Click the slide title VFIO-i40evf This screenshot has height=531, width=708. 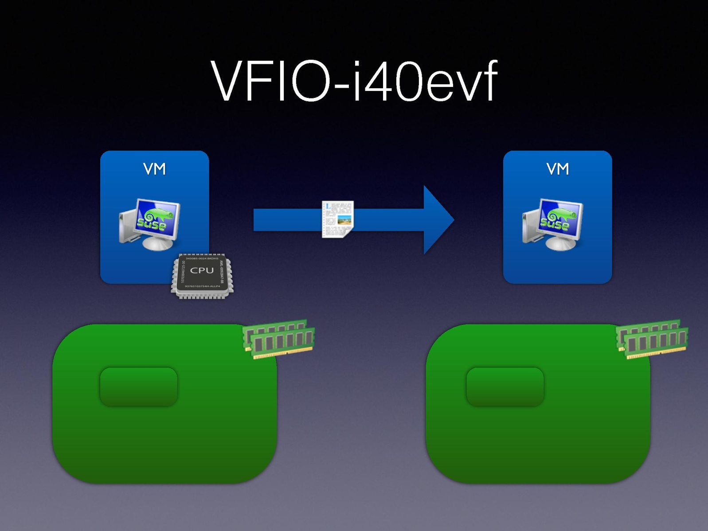[x=355, y=81]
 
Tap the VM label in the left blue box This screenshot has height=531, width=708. [x=154, y=169]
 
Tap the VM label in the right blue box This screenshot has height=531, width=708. [x=557, y=169]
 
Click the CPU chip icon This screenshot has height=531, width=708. [x=202, y=276]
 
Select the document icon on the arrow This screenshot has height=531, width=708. [x=338, y=219]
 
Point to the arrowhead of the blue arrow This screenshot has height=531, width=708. [x=439, y=219]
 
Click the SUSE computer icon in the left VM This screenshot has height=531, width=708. [x=150, y=224]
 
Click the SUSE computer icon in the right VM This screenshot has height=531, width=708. [x=553, y=224]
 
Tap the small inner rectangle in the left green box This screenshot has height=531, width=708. [x=139, y=387]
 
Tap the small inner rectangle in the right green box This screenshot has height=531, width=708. [x=505, y=387]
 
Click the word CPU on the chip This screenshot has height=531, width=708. [x=202, y=270]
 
